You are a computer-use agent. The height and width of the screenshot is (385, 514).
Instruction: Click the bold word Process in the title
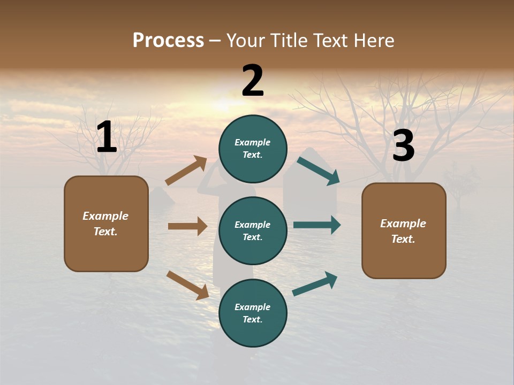point(168,41)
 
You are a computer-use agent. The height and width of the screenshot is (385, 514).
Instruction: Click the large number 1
point(107,137)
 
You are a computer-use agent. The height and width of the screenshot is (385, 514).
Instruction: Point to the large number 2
point(253,81)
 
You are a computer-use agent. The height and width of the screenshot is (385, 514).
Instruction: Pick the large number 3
point(403,146)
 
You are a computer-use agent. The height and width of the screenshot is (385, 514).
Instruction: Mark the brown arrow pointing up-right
point(186,171)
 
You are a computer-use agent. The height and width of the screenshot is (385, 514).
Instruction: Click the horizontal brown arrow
point(187,226)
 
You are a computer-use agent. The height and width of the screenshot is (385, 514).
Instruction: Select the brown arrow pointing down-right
point(187,284)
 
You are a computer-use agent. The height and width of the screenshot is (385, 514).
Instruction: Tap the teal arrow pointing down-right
point(318,171)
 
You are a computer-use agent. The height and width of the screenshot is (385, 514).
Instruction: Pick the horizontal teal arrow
point(316,225)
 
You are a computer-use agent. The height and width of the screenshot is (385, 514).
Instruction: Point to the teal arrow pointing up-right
point(315,283)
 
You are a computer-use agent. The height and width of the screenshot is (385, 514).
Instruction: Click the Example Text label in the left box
point(105,224)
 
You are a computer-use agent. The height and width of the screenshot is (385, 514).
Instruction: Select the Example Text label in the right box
point(403,231)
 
